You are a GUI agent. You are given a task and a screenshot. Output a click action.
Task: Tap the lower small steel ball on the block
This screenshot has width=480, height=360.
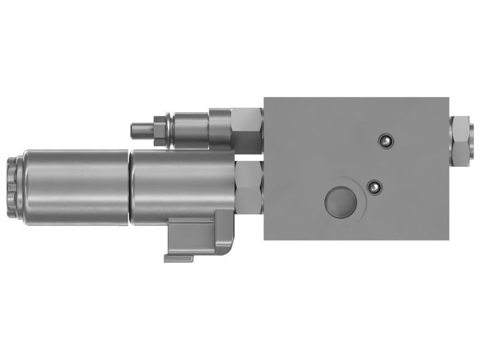click(x=375, y=187)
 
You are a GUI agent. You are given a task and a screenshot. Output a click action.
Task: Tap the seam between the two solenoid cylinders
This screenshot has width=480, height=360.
click(x=130, y=187)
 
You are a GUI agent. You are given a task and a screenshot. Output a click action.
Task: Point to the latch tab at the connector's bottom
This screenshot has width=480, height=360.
click(x=178, y=258)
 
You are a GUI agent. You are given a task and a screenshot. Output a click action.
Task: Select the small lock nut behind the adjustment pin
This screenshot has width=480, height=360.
click(x=159, y=130)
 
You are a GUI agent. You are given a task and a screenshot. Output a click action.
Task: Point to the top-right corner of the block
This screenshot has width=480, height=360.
click(x=448, y=97)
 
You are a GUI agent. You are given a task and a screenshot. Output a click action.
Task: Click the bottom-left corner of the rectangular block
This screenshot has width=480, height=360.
click(x=265, y=239)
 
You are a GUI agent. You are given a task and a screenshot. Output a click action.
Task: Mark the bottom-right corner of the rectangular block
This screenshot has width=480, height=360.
click(x=448, y=239)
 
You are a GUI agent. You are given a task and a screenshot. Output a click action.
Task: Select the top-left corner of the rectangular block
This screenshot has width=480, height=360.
click(x=265, y=97)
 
